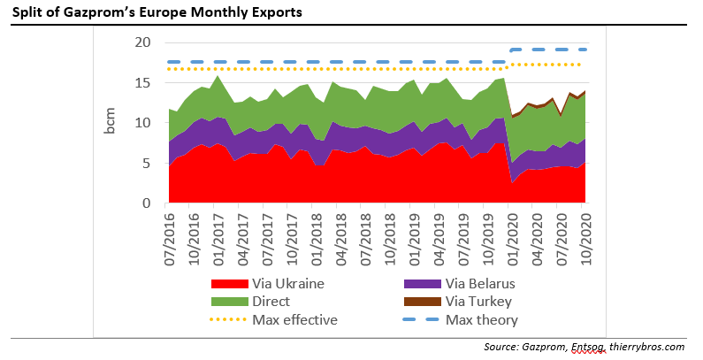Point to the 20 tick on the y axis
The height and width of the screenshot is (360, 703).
coord(142,42)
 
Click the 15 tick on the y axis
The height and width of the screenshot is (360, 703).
coord(142,83)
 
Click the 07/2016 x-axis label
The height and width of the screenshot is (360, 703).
coord(169,230)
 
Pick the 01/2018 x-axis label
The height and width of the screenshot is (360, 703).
coord(316,230)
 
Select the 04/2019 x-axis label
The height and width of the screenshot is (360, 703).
coord(439,230)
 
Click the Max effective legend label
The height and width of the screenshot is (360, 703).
coord(294,319)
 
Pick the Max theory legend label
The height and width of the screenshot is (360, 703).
coord(482,319)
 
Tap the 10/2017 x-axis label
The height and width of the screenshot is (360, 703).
coord(291,230)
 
